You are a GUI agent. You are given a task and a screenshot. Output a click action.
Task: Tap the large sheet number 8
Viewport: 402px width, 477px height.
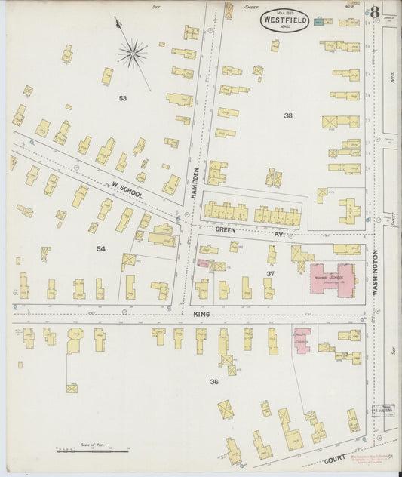click(375, 12)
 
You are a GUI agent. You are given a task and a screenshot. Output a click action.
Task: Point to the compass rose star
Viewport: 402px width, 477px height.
click(133, 53)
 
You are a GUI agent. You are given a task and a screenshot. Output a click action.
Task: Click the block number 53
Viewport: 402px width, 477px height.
click(122, 98)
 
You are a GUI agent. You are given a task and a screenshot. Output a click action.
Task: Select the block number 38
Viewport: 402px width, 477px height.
click(287, 115)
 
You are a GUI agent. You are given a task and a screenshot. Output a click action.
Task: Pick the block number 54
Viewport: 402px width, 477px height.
click(101, 248)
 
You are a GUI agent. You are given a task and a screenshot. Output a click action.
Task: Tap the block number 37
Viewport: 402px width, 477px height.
click(269, 272)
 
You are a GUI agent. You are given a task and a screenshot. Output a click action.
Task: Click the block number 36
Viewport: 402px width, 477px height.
click(213, 381)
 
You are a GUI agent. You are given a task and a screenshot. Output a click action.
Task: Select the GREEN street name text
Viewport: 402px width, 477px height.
click(226, 229)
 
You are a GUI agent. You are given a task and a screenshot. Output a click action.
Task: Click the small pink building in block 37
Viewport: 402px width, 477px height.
click(202, 263)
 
